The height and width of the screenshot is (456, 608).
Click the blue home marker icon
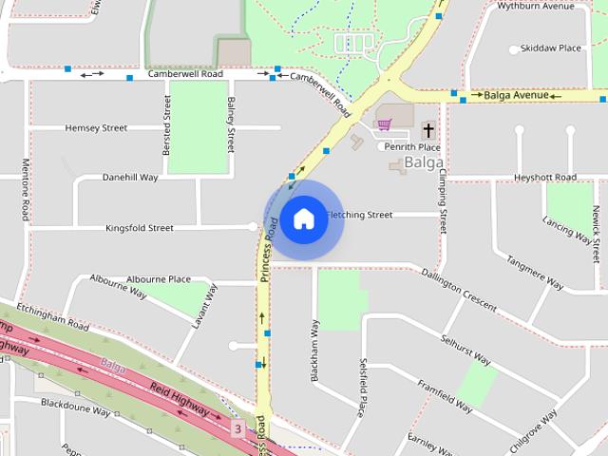tap(303, 219)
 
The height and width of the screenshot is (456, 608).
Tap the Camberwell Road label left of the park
tap(185, 74)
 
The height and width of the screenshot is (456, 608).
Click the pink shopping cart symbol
tap(384, 124)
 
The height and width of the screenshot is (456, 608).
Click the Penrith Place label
tap(411, 147)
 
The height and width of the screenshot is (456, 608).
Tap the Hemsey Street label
tap(96, 127)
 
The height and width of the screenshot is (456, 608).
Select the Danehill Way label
tap(130, 177)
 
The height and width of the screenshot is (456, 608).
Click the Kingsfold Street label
tap(140, 228)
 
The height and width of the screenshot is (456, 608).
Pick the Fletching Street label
tap(359, 215)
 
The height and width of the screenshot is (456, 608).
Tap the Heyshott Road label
tap(545, 178)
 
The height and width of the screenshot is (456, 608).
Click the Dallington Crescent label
tap(459, 290)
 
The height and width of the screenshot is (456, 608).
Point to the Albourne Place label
tap(159, 279)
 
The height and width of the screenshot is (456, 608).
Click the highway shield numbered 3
tap(237, 428)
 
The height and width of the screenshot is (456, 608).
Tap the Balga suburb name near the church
tap(424, 163)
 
